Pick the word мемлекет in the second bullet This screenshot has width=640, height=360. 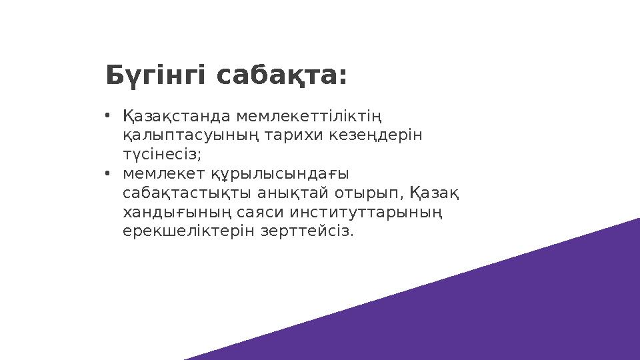pyautogui.click(x=161, y=174)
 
